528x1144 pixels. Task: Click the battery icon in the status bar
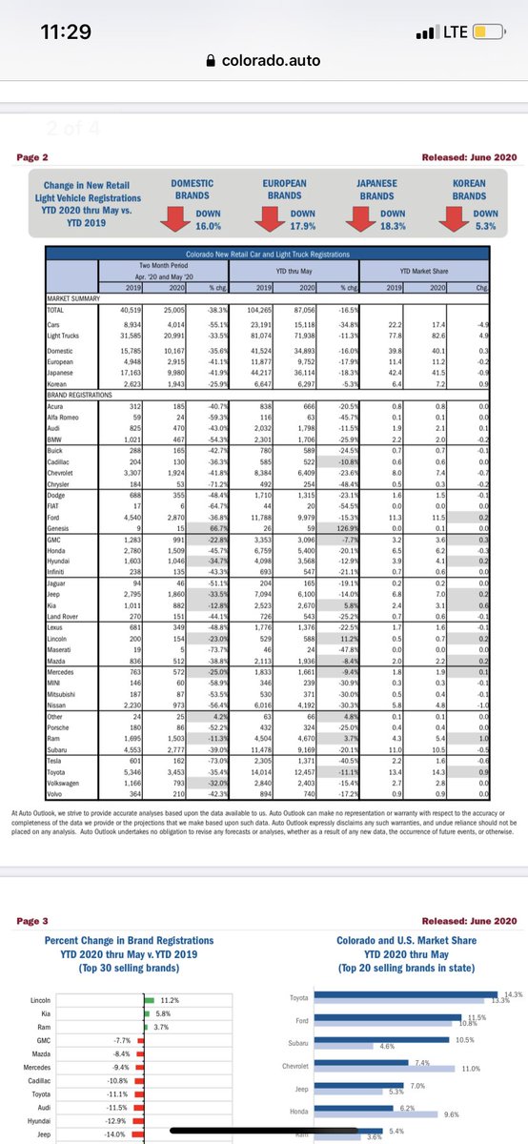tap(484, 31)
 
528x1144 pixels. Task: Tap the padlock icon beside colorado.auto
tap(212, 59)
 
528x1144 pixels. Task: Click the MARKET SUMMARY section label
tap(73, 298)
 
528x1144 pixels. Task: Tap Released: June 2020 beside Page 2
tap(462, 156)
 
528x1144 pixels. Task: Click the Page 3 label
tap(38, 922)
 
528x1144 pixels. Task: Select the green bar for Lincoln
tap(149, 1000)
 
